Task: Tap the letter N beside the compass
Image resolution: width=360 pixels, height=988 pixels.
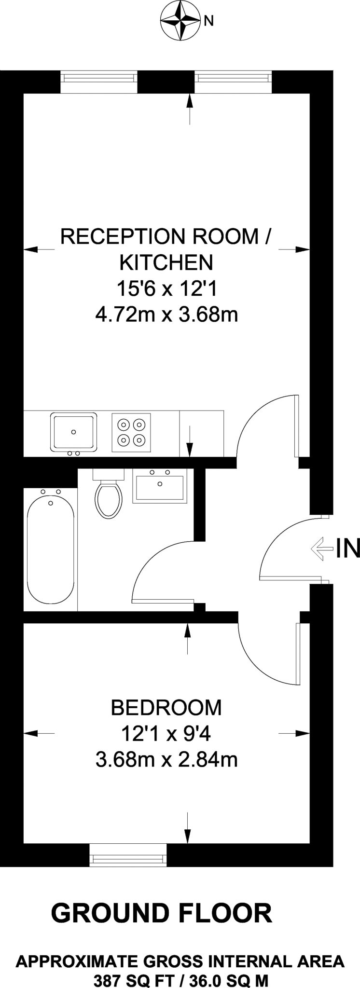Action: click(208, 20)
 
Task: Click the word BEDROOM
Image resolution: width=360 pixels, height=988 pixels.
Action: click(166, 708)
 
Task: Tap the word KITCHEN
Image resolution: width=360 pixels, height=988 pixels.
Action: click(166, 263)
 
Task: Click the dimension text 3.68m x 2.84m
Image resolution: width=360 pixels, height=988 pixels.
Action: click(166, 760)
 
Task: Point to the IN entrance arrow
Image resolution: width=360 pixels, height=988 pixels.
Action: click(322, 548)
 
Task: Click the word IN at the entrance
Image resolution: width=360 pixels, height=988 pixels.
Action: click(348, 549)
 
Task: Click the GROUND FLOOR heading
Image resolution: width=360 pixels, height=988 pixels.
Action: click(162, 913)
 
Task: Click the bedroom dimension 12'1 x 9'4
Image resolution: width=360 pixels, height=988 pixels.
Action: click(166, 734)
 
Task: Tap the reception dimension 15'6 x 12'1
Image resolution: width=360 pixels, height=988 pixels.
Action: click(166, 289)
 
